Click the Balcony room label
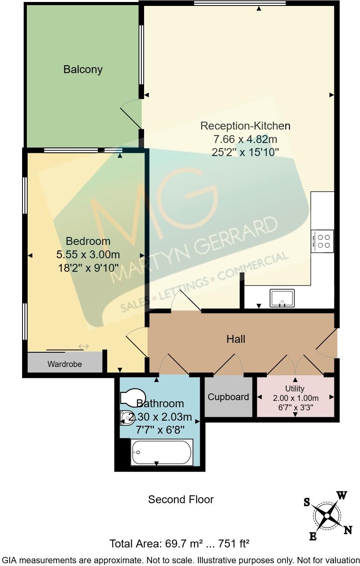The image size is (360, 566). tap(83, 70)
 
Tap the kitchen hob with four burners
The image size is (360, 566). tap(322, 241)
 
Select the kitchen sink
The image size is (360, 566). tap(282, 298)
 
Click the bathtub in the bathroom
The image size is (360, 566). tap(161, 453)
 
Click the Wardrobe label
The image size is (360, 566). tap(65, 364)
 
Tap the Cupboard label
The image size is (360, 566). tap(228, 397)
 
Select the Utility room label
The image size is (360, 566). tap(295, 389)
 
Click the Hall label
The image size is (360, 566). tap(236, 339)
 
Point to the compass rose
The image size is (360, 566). tap(327, 516)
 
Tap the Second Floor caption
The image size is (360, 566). tap(181, 499)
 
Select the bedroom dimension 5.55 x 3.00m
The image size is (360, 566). tap(88, 254)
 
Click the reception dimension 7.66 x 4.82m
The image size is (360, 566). tap(245, 139)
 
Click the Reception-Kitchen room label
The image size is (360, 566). tap(245, 126)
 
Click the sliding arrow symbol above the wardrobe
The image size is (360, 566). tap(84, 346)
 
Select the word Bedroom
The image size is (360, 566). tap(88, 241)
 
